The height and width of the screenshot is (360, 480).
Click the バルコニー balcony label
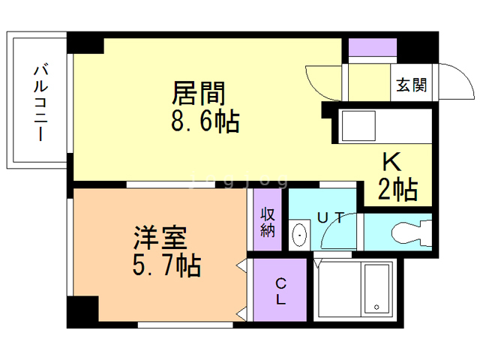(x=39, y=103)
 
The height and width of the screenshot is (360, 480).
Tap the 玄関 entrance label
(x=412, y=85)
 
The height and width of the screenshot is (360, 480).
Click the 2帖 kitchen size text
(x=395, y=190)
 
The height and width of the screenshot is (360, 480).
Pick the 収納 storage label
(x=268, y=222)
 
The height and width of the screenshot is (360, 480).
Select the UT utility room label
(x=331, y=218)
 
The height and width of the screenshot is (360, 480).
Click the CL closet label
(x=280, y=291)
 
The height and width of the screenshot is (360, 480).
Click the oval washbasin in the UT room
(x=299, y=235)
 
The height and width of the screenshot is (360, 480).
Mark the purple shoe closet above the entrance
(x=371, y=47)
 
